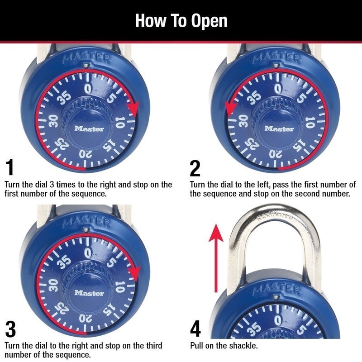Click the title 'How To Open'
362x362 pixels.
pyautogui.click(x=181, y=21)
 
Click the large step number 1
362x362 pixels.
pyautogui.click(x=10, y=168)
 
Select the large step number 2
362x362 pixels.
pyautogui.click(x=195, y=168)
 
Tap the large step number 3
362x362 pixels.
pyautogui.click(x=10, y=329)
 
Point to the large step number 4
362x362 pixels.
pyautogui.click(x=195, y=329)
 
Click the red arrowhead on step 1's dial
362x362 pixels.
pyautogui.click(x=133, y=109)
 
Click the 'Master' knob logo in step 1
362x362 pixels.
pyautogui.click(x=89, y=129)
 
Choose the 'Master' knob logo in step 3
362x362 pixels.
pyautogui.click(x=89, y=293)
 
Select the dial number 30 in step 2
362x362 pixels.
pyautogui.click(x=242, y=122)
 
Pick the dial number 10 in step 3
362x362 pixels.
pyautogui.click(x=119, y=287)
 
